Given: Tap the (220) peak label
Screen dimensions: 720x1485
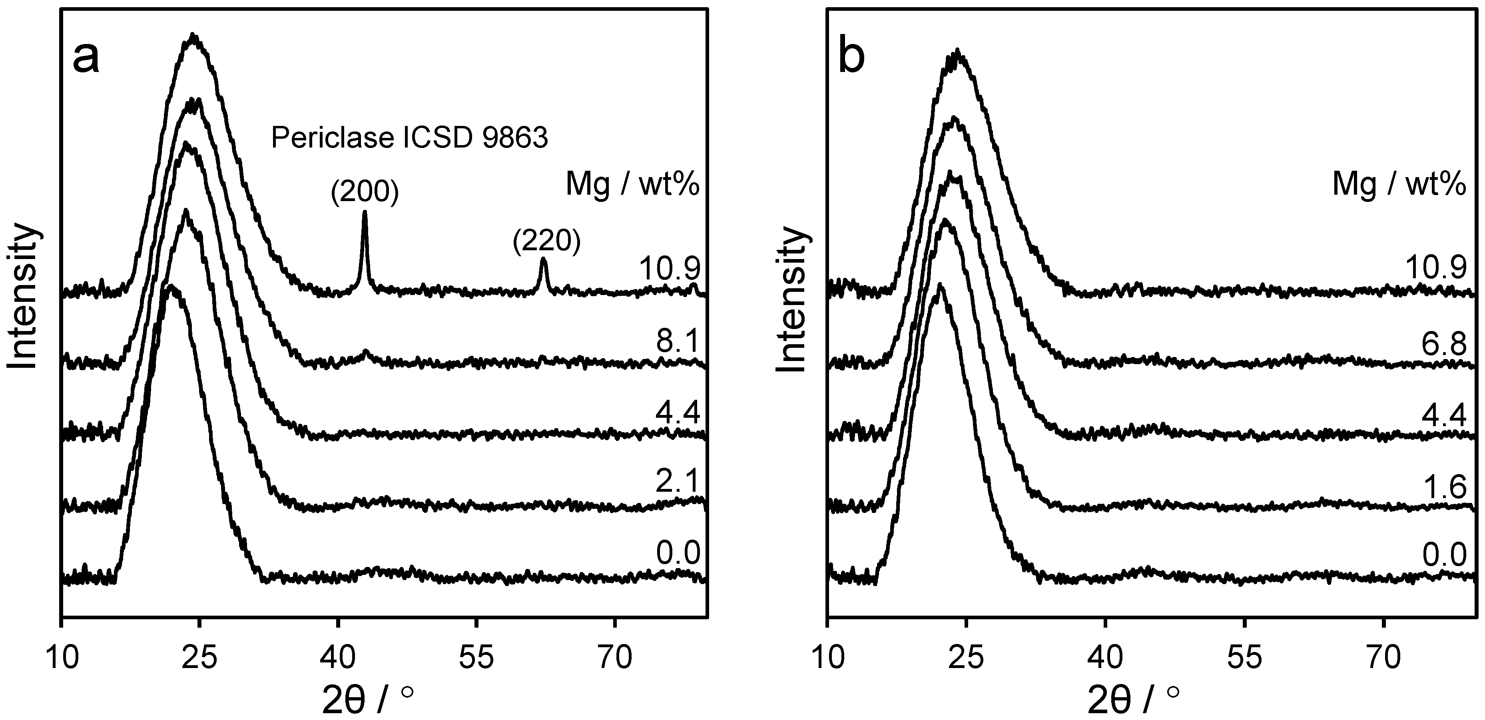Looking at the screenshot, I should (x=546, y=241).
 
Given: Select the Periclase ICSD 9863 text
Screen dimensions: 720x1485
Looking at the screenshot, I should (x=409, y=138).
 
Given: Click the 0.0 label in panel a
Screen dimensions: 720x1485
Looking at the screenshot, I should (x=678, y=553).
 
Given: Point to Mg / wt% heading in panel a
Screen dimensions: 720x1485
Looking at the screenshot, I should (x=632, y=185).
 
